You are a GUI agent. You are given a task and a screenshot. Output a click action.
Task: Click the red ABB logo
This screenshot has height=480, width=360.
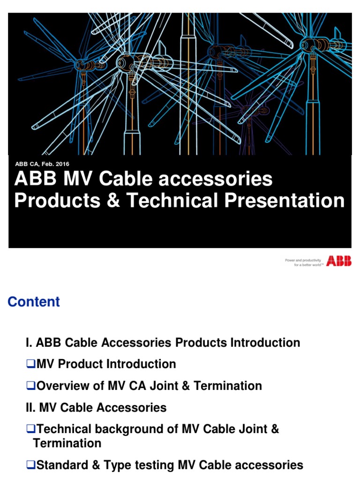pos(339,261)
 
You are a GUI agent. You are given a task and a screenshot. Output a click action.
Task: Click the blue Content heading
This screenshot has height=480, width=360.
pos(34,302)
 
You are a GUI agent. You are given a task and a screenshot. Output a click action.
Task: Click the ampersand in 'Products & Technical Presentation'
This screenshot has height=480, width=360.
pos(113,201)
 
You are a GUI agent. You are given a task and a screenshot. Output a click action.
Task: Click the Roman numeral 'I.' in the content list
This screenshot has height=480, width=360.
pos(29,343)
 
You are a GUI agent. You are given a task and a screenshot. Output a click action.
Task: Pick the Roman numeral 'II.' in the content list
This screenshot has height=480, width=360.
pos(30,408)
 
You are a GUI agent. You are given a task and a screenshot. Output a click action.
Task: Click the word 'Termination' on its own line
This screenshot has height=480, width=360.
pos(67,443)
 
